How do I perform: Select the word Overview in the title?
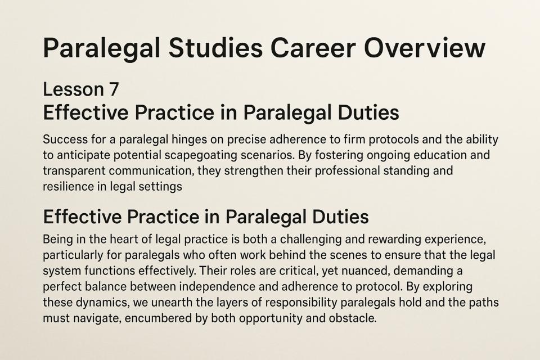(424, 48)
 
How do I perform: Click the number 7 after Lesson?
(114, 89)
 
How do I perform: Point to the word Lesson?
(73, 89)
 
